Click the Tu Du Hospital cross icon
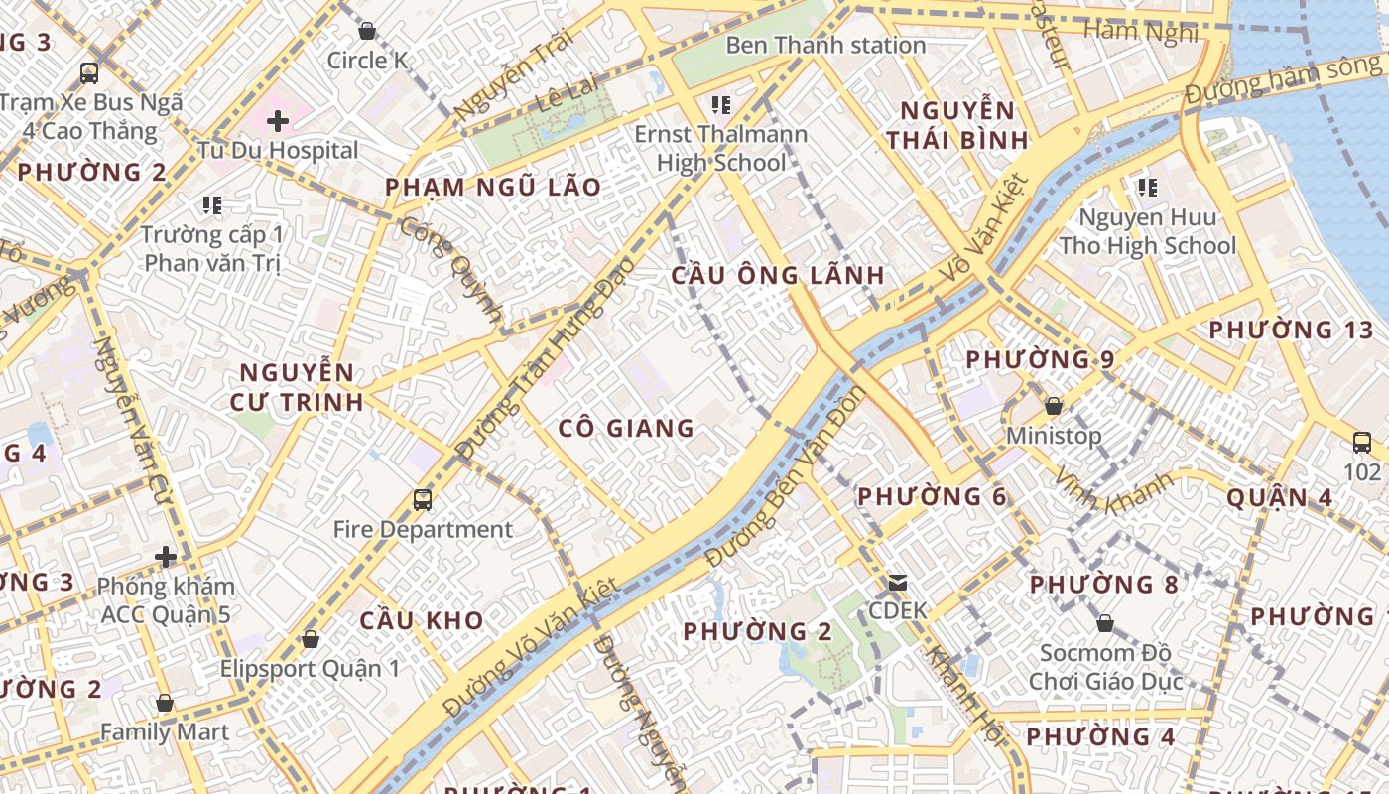point(278,121)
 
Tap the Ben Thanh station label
point(825,46)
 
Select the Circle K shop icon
point(367,31)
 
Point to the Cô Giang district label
point(626,429)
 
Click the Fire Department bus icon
point(423,500)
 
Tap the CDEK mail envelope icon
point(897,582)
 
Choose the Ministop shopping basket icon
point(1054,406)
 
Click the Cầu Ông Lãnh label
point(778,276)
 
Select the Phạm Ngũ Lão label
point(493,188)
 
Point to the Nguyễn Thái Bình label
point(957,125)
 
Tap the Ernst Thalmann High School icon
point(721,104)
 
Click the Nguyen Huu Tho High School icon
point(1148,188)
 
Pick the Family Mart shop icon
point(165,704)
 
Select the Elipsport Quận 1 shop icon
point(311,639)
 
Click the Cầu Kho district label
point(422,621)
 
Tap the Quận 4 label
point(1279,497)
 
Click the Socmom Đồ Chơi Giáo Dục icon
point(1104,623)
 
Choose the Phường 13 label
point(1291,330)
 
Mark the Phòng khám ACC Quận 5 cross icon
point(166,557)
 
